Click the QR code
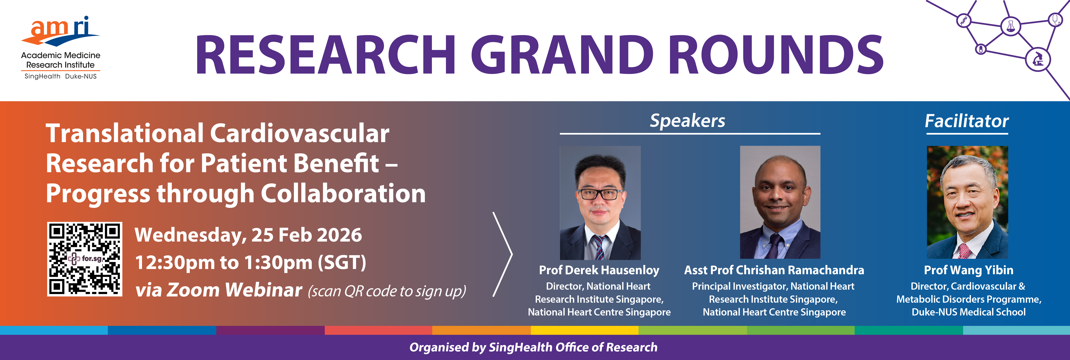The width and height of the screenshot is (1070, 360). pyautogui.click(x=85, y=259)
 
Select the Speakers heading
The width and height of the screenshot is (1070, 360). pyautogui.click(x=687, y=121)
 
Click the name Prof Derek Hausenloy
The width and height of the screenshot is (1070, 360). pyautogui.click(x=599, y=270)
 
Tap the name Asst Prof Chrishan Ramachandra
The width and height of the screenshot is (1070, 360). pyautogui.click(x=774, y=270)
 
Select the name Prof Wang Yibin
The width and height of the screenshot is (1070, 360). pyautogui.click(x=968, y=270)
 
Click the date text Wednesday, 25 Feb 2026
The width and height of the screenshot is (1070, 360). pyautogui.click(x=248, y=235)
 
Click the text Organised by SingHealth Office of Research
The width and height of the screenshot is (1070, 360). pyautogui.click(x=533, y=347)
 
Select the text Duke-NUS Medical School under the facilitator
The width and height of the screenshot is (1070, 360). pyautogui.click(x=968, y=312)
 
